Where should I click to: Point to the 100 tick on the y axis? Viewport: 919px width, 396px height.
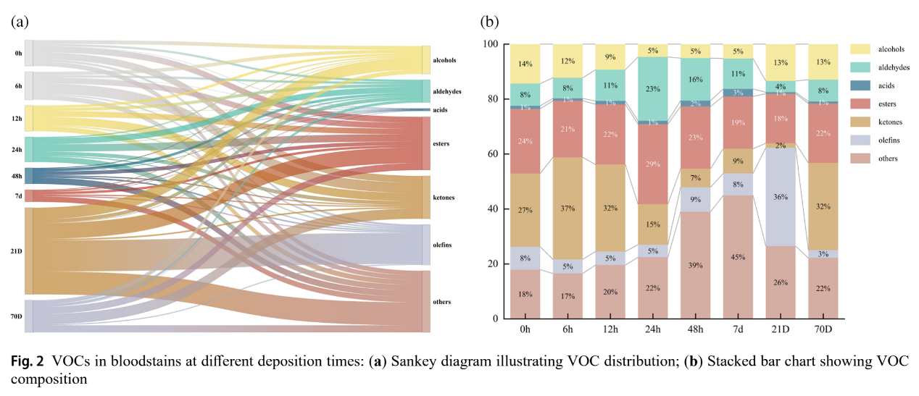click(491, 44)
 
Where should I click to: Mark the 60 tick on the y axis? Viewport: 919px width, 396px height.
click(493, 154)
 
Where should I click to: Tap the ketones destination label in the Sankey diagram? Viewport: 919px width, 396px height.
click(444, 197)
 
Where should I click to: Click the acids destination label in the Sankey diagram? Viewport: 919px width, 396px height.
click(440, 110)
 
